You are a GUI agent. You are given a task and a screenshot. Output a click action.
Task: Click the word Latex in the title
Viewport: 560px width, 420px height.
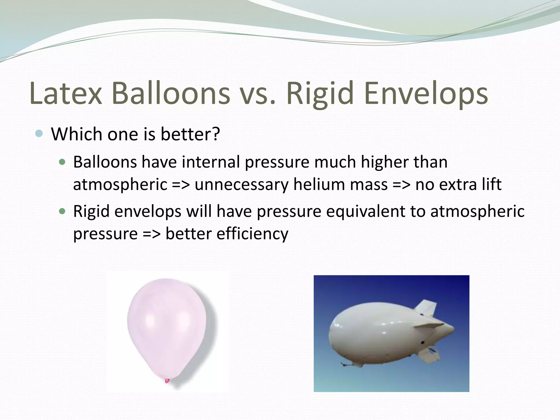66,94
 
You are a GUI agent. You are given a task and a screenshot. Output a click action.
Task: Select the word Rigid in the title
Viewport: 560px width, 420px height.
320,94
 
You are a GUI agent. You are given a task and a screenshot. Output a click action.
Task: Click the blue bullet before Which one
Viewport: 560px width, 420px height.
39,134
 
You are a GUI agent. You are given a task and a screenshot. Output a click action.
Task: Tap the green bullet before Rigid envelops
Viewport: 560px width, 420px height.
63,211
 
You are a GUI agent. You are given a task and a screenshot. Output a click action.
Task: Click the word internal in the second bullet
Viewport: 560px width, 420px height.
211,162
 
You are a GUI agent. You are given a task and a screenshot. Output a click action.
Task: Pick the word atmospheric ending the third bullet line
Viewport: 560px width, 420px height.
477,211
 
